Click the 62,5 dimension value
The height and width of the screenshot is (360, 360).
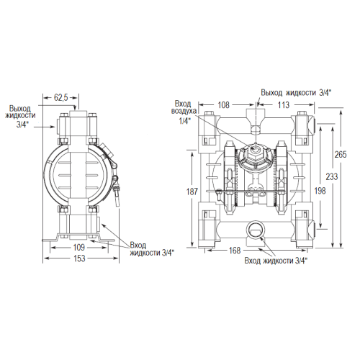61,98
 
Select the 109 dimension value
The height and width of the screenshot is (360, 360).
79,247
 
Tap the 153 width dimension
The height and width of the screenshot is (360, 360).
79,258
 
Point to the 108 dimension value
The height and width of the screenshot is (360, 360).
223,105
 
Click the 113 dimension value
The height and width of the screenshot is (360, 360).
284,105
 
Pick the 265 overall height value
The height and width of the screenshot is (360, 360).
341,154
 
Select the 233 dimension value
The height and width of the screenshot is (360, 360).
332,176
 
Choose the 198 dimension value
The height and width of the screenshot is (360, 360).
320,191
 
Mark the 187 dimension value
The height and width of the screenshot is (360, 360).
192,192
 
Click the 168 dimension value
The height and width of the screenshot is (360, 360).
235,251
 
